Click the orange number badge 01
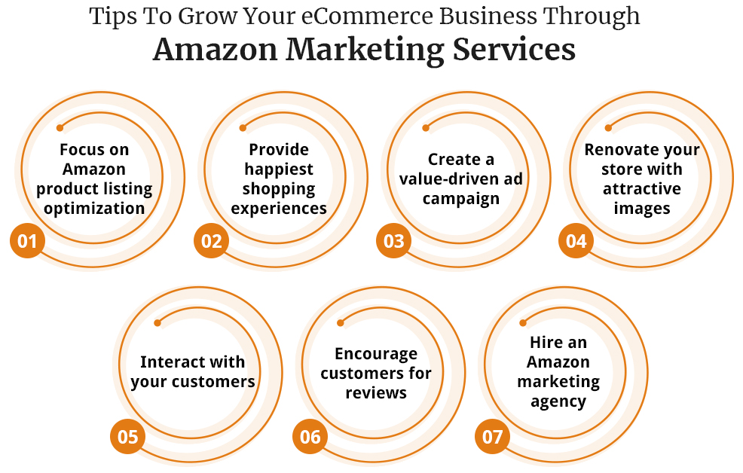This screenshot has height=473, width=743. coord(27,242)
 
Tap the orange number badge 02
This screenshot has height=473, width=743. coord(212,242)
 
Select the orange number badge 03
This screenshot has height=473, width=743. coord(394,242)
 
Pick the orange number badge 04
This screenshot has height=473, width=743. coord(576,242)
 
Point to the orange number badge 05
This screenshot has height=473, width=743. coord(128,438)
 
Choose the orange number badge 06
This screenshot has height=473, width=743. coord(310,438)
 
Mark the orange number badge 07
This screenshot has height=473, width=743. coord(493,438)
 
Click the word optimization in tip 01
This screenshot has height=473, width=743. coord(94,209)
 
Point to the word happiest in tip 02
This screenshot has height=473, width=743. coord(279,169)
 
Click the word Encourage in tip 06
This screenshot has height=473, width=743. coord(376,353)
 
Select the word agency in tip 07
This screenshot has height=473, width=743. coord(558,401)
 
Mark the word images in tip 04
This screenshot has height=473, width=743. coord(642,209)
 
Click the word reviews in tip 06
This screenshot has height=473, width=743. coord(376,392)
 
